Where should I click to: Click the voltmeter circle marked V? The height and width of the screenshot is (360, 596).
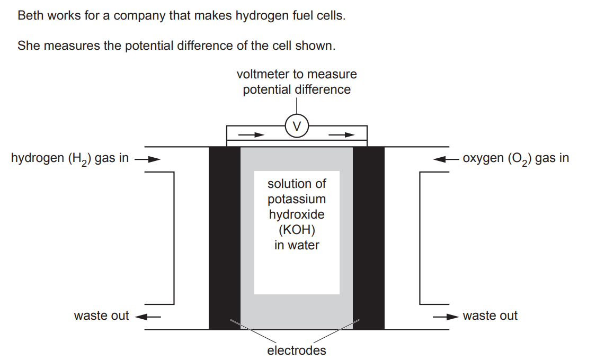click(297, 126)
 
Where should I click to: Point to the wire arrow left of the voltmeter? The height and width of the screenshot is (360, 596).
click(251, 135)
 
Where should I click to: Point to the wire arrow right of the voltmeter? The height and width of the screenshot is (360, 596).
click(341, 135)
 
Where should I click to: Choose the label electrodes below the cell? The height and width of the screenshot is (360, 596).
click(297, 350)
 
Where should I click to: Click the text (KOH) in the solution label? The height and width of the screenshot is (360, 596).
click(297, 230)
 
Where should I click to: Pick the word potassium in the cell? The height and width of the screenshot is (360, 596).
click(297, 200)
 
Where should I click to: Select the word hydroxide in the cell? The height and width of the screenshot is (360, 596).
click(297, 215)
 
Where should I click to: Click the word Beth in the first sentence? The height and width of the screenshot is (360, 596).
click(29, 15)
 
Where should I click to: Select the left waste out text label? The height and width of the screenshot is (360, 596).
click(101, 316)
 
